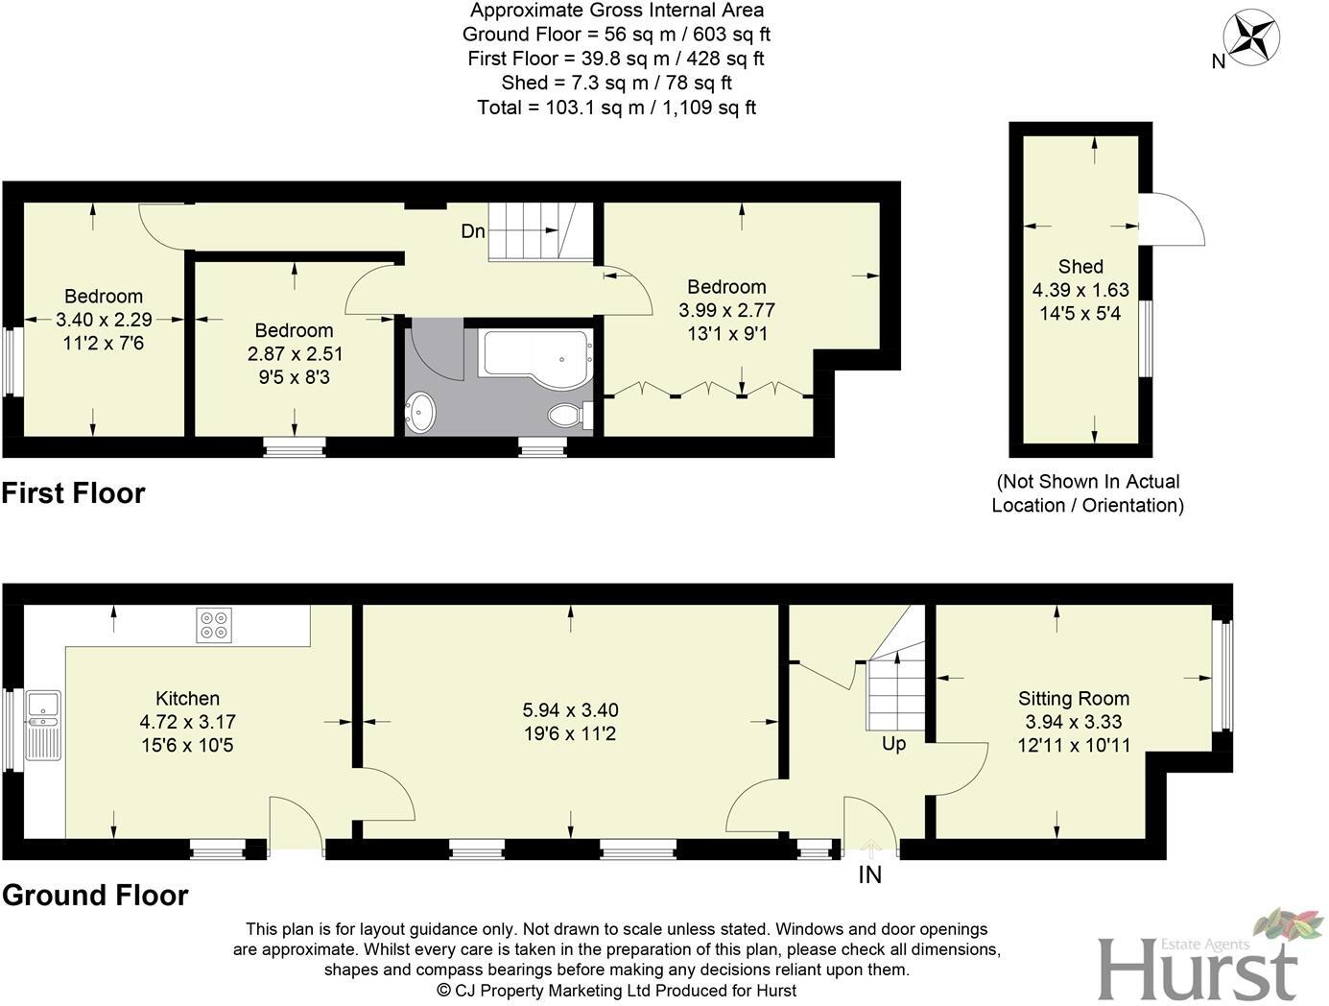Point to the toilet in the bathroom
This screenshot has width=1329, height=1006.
click(566, 416)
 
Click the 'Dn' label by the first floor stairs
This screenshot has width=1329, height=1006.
click(473, 231)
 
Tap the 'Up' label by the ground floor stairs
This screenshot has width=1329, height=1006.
click(893, 744)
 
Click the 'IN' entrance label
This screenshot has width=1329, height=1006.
click(869, 874)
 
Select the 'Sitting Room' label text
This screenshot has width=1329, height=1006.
click(1073, 699)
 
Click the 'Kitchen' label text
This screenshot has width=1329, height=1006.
click(188, 699)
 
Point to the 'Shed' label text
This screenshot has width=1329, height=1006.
click(1080, 267)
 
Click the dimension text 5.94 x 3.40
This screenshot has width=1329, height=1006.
click(570, 710)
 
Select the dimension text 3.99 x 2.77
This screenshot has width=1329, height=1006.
click(726, 310)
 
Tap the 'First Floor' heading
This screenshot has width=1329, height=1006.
click(74, 493)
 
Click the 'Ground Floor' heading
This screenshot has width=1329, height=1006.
click(95, 895)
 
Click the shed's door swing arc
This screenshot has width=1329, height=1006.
click(1178, 219)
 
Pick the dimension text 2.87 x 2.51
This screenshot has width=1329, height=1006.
click(295, 353)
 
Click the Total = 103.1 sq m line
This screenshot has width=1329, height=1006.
click(616, 108)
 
